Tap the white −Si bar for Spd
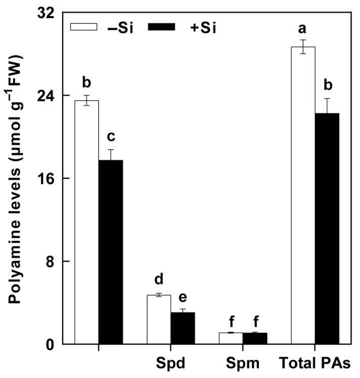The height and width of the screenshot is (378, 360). [159, 319]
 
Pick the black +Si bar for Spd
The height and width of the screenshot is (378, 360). [183, 328]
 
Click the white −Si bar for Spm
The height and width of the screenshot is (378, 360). [231, 338]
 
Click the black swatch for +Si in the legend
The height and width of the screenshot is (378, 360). [161, 27]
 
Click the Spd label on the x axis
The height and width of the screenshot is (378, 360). [170, 363]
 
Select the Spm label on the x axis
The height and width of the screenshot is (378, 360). [243, 363]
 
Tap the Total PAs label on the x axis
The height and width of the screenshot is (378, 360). [315, 363]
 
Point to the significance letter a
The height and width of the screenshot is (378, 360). [303, 30]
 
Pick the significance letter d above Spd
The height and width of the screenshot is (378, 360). [159, 279]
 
